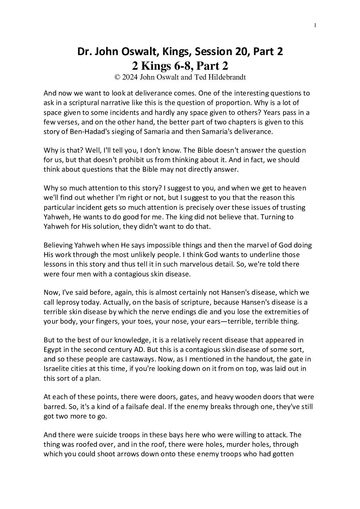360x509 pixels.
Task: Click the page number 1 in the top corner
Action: pos(315,25)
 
